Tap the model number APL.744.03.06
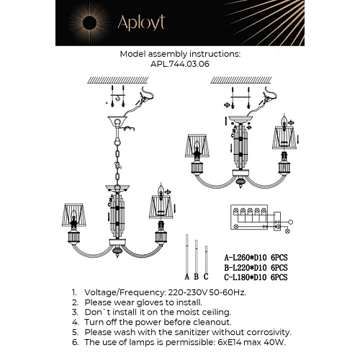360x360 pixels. (x=180, y=63)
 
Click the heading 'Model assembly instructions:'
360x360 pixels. (x=180, y=54)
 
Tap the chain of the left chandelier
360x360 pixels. (x=114, y=155)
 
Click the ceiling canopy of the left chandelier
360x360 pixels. (x=114, y=120)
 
